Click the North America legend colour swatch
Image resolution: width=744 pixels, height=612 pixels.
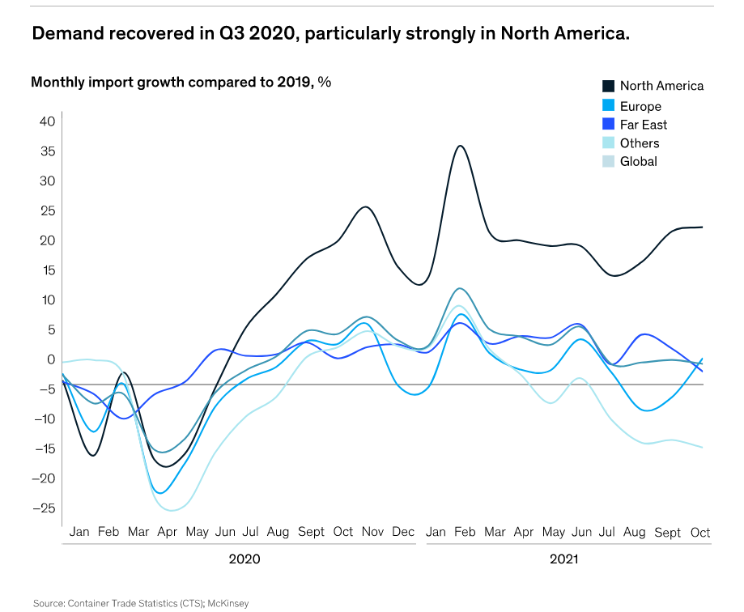pos(608,86)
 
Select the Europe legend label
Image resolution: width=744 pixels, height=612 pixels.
pos(640,106)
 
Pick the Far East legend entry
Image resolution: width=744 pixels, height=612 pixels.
pos(644,125)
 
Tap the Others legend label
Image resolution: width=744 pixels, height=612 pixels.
pos(640,143)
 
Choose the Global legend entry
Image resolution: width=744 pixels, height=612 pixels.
pos(639,161)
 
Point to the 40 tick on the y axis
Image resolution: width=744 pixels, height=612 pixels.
pos(47,121)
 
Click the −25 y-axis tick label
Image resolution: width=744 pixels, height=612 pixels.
pos(44,508)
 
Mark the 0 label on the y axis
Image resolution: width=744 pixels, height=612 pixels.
pos(50,359)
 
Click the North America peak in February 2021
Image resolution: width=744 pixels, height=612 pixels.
pos(460,146)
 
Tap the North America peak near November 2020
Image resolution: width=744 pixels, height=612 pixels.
pos(365,206)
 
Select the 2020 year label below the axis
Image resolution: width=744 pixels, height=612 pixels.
pos(244,559)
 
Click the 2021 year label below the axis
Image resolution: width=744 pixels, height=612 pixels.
pos(564,559)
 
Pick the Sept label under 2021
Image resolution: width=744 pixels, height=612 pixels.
pos(667,533)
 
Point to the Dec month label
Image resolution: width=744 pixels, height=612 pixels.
pos(403,533)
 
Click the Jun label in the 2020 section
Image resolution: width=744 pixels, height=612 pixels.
pos(225,533)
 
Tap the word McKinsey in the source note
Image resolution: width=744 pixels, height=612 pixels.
pos(230,603)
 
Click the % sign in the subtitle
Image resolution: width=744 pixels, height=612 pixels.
pos(325,82)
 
